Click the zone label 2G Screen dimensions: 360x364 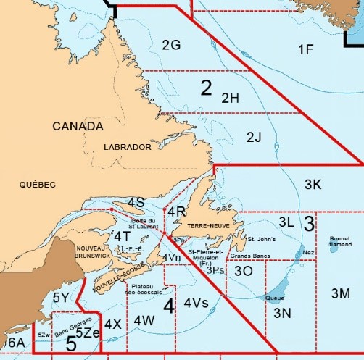pos(171,45)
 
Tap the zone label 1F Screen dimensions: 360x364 pos(306,49)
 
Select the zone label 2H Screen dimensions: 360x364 pos(230,97)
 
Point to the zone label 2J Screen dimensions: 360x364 pos(254,137)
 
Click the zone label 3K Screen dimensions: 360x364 pos(313,184)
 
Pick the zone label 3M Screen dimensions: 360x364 pos(340,293)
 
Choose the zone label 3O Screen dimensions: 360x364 pos(244,270)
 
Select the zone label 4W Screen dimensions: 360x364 pos(144,319)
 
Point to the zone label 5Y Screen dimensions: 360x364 pos(61,297)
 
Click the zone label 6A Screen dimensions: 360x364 pos(16,341)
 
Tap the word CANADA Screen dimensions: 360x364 pos(78,126)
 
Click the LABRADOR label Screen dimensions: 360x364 pos(128,147)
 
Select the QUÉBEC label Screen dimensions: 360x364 pos(38,185)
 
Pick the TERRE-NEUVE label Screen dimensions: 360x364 pos(209,225)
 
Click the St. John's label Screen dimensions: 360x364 pos(262,238)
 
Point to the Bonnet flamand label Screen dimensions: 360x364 pos(339,241)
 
